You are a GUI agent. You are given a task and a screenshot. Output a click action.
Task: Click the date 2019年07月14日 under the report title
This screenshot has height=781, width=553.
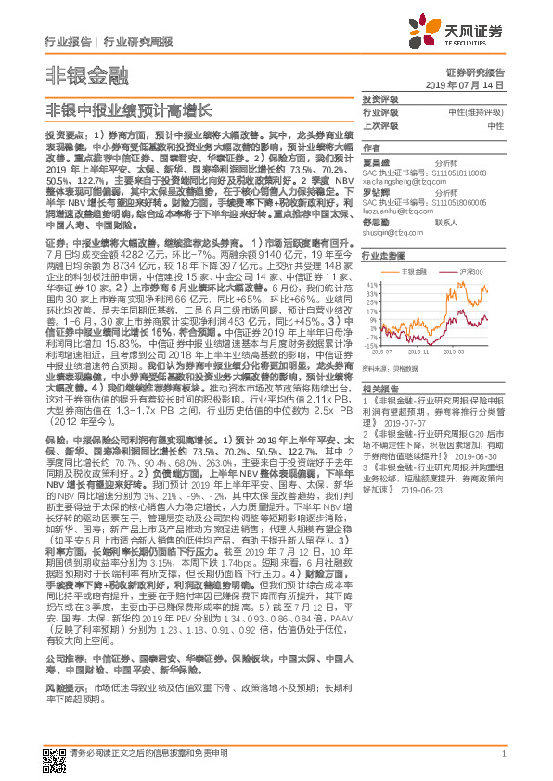point(472,83)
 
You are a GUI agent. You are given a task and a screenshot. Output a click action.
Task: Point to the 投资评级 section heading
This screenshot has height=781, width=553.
point(379,98)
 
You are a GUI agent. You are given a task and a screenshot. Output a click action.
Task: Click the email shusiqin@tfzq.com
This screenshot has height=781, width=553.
point(389,234)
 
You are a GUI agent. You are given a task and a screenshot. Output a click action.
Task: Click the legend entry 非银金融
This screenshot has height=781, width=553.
point(411,271)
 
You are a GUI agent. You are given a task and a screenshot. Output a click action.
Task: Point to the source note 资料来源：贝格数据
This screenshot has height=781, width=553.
point(398,368)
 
